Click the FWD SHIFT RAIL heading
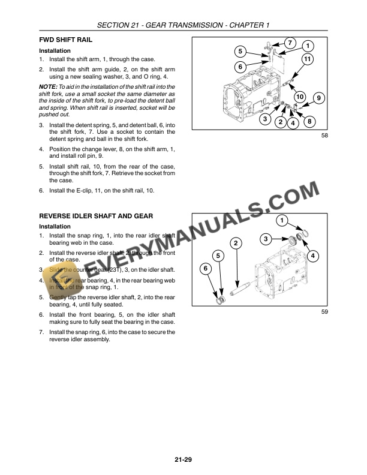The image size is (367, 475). (65, 40)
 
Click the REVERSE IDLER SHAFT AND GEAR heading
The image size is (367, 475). (96, 215)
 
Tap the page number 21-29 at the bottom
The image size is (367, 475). (183, 460)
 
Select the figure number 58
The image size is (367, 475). (324, 136)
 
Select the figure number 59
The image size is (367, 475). (324, 311)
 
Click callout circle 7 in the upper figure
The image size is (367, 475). (289, 43)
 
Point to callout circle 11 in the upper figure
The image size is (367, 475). (307, 59)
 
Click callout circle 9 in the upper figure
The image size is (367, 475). (318, 98)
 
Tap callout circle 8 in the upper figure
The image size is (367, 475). (309, 122)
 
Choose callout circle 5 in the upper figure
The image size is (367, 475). (239, 51)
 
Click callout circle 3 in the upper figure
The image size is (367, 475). (264, 119)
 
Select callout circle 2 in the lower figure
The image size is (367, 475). (236, 243)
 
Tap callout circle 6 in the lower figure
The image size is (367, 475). (206, 269)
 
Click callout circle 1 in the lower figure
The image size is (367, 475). (281, 220)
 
